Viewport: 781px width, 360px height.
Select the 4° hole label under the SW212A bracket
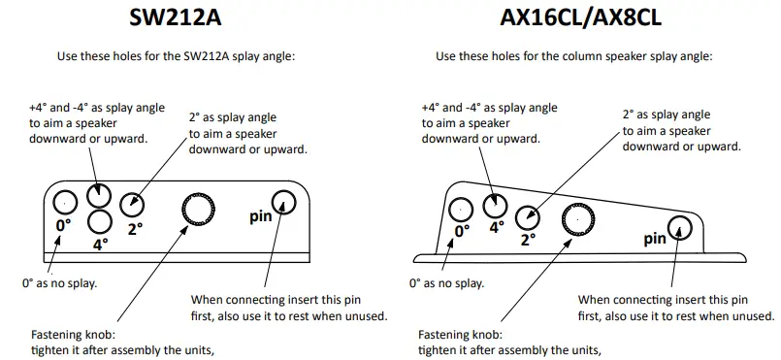pyautogui.click(x=99, y=245)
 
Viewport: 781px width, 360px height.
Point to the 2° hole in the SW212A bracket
pyautogui.click(x=132, y=204)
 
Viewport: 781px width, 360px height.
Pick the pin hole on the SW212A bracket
pyautogui.click(x=283, y=202)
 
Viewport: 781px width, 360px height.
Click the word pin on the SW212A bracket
pyautogui.click(x=259, y=215)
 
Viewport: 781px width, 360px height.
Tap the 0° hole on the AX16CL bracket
pyautogui.click(x=462, y=209)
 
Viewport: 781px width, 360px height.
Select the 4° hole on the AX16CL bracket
pyautogui.click(x=496, y=205)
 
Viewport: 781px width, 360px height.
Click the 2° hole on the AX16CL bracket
pyautogui.click(x=528, y=216)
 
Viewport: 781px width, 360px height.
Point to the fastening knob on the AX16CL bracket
pyautogui.click(x=578, y=220)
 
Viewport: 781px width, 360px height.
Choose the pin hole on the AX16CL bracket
pyautogui.click(x=678, y=228)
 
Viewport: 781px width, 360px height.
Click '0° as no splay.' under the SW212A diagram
pyautogui.click(x=59, y=283)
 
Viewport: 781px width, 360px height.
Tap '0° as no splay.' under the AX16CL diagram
pyautogui.click(x=447, y=283)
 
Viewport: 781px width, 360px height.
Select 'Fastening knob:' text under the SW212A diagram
pyautogui.click(x=74, y=333)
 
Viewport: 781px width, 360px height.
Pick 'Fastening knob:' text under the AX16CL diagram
pyautogui.click(x=461, y=333)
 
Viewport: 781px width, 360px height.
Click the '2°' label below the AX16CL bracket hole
pyautogui.click(x=528, y=239)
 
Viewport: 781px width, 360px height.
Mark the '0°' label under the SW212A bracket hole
pyautogui.click(x=63, y=225)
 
